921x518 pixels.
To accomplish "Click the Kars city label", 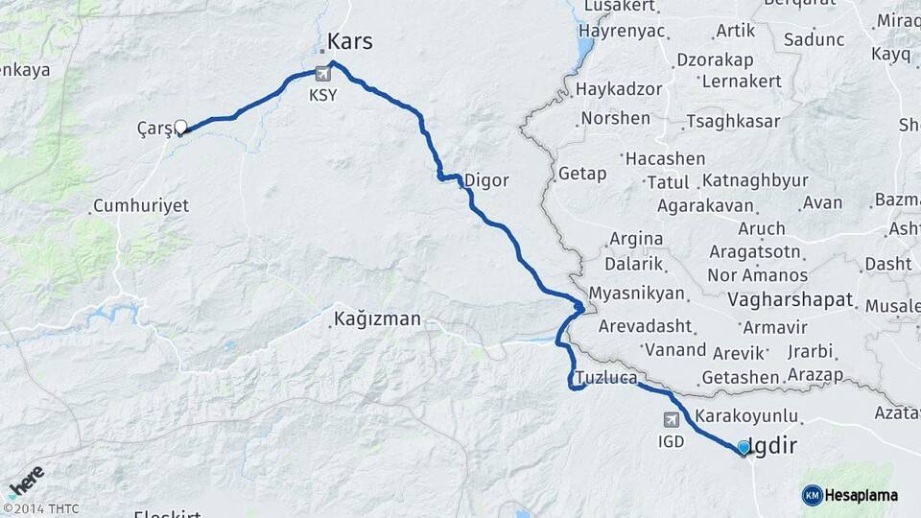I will click(349, 41).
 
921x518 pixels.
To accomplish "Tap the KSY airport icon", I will click(323, 77).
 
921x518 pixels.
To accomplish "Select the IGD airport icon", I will click(671, 420).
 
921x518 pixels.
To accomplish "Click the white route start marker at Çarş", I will click(180, 127).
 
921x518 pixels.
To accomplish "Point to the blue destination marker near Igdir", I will click(744, 447).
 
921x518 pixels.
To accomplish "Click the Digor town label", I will click(485, 180).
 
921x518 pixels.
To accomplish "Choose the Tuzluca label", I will click(606, 378).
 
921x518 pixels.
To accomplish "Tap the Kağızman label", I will click(377, 318).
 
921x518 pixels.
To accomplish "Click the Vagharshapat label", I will click(791, 300).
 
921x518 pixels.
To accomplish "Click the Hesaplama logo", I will click(851, 495).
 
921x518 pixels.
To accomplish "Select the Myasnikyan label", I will click(637, 294).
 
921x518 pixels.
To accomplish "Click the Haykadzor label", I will click(619, 89).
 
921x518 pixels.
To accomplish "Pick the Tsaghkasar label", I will click(731, 122).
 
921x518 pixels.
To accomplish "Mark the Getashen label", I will click(740, 378).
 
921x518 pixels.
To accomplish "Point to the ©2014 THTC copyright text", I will click(40, 508).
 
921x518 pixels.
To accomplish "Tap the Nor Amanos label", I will click(757, 275).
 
